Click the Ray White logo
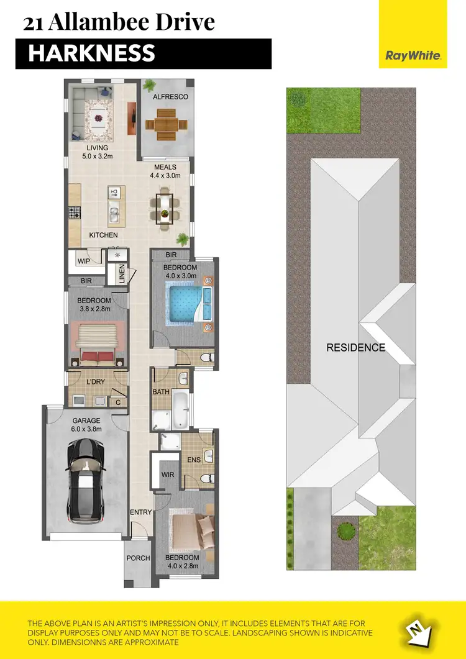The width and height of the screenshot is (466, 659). click(413, 55)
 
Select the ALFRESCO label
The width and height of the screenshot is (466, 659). click(170, 97)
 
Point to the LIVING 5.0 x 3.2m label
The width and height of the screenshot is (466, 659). click(98, 152)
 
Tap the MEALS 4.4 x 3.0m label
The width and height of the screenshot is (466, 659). click(165, 171)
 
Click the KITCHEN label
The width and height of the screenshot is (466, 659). click(103, 235)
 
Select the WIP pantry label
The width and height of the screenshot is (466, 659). click(84, 261)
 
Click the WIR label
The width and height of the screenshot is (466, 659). click(167, 475)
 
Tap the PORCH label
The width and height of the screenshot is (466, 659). click(138, 558)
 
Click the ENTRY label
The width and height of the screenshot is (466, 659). click(140, 512)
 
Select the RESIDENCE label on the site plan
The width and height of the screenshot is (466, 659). click(356, 348)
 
